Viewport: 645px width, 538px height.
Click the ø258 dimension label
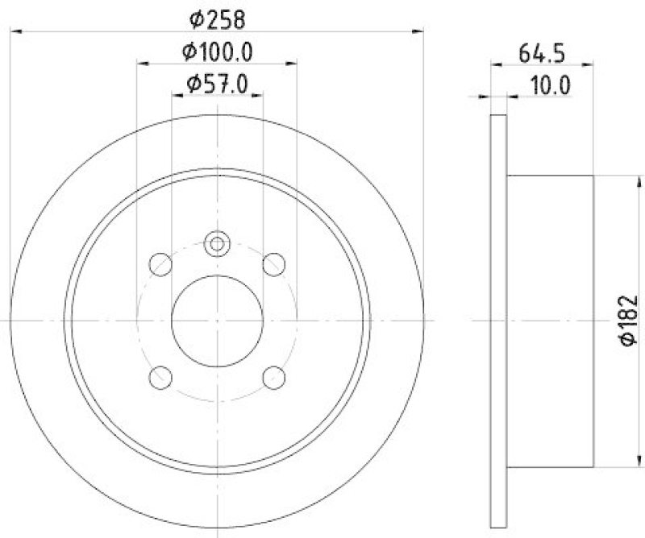click(x=218, y=17)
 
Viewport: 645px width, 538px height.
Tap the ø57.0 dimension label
click(x=218, y=83)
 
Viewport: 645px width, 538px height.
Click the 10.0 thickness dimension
click(x=548, y=85)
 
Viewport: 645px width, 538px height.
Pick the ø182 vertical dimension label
click(x=630, y=321)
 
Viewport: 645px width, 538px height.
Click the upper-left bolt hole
click(x=160, y=263)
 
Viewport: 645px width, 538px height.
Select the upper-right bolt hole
click(x=275, y=263)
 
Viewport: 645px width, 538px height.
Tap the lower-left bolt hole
click(x=160, y=376)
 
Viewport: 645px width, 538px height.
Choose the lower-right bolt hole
click(x=275, y=376)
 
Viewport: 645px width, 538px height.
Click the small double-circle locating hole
click(x=217, y=242)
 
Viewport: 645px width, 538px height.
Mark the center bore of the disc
click(x=218, y=321)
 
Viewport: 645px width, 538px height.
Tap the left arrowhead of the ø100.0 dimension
click(x=142, y=64)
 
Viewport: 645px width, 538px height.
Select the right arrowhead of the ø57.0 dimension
click(x=258, y=95)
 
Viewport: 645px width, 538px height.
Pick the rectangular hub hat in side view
click(x=550, y=321)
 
